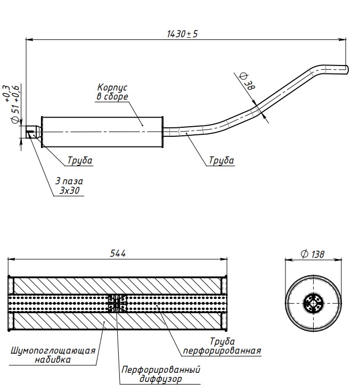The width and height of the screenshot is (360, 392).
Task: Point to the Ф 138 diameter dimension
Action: pos(312,255)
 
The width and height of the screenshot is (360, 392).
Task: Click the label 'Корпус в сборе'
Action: pos(112,92)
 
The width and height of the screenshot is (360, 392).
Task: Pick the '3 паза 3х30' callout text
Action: pos(69,185)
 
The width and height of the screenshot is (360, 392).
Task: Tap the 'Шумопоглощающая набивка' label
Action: pos(53,355)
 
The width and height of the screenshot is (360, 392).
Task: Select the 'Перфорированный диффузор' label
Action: pos(161,374)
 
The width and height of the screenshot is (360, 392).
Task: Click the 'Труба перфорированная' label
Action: pos(222,346)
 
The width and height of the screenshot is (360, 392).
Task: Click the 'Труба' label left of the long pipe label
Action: pos(80,160)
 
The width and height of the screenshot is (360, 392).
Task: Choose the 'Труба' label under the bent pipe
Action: pos(221,160)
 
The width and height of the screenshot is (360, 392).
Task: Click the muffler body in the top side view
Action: pos(101,130)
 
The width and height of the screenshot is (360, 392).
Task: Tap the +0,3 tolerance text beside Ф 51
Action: pos(6,93)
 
